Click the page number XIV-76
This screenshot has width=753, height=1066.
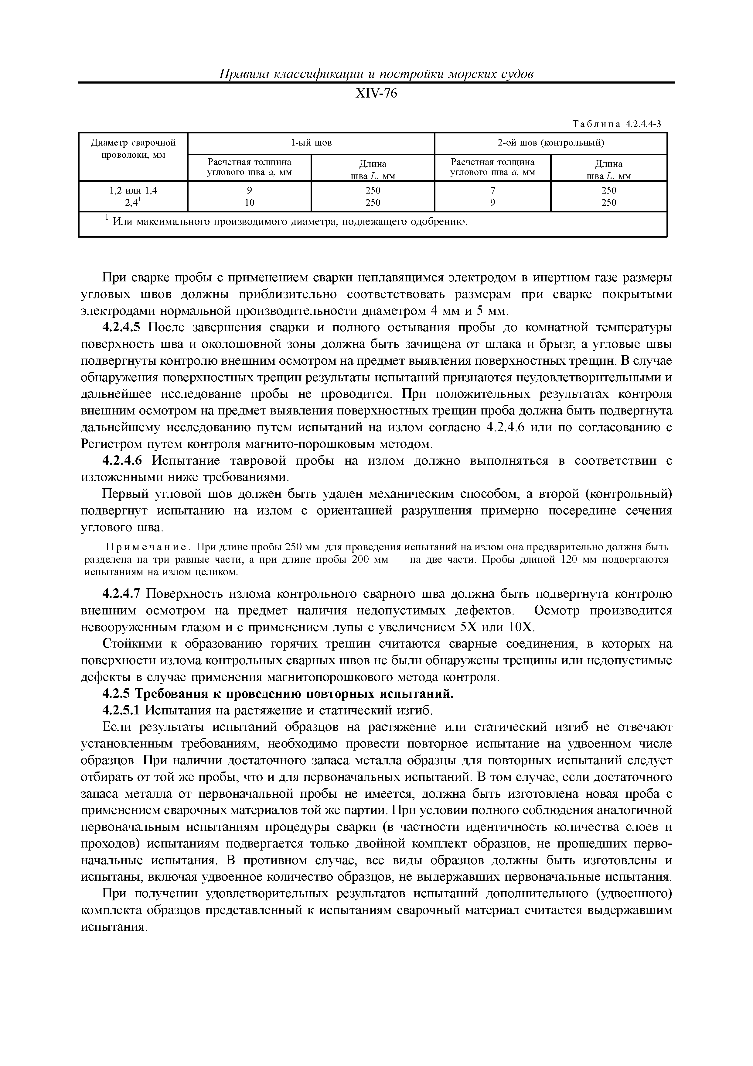tap(376, 94)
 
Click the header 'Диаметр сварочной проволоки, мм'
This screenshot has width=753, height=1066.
tap(133, 148)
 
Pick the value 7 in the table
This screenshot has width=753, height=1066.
tap(493, 190)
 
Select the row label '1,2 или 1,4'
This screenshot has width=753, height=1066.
tap(133, 190)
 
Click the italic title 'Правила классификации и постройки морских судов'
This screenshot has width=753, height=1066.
tap(376, 74)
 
